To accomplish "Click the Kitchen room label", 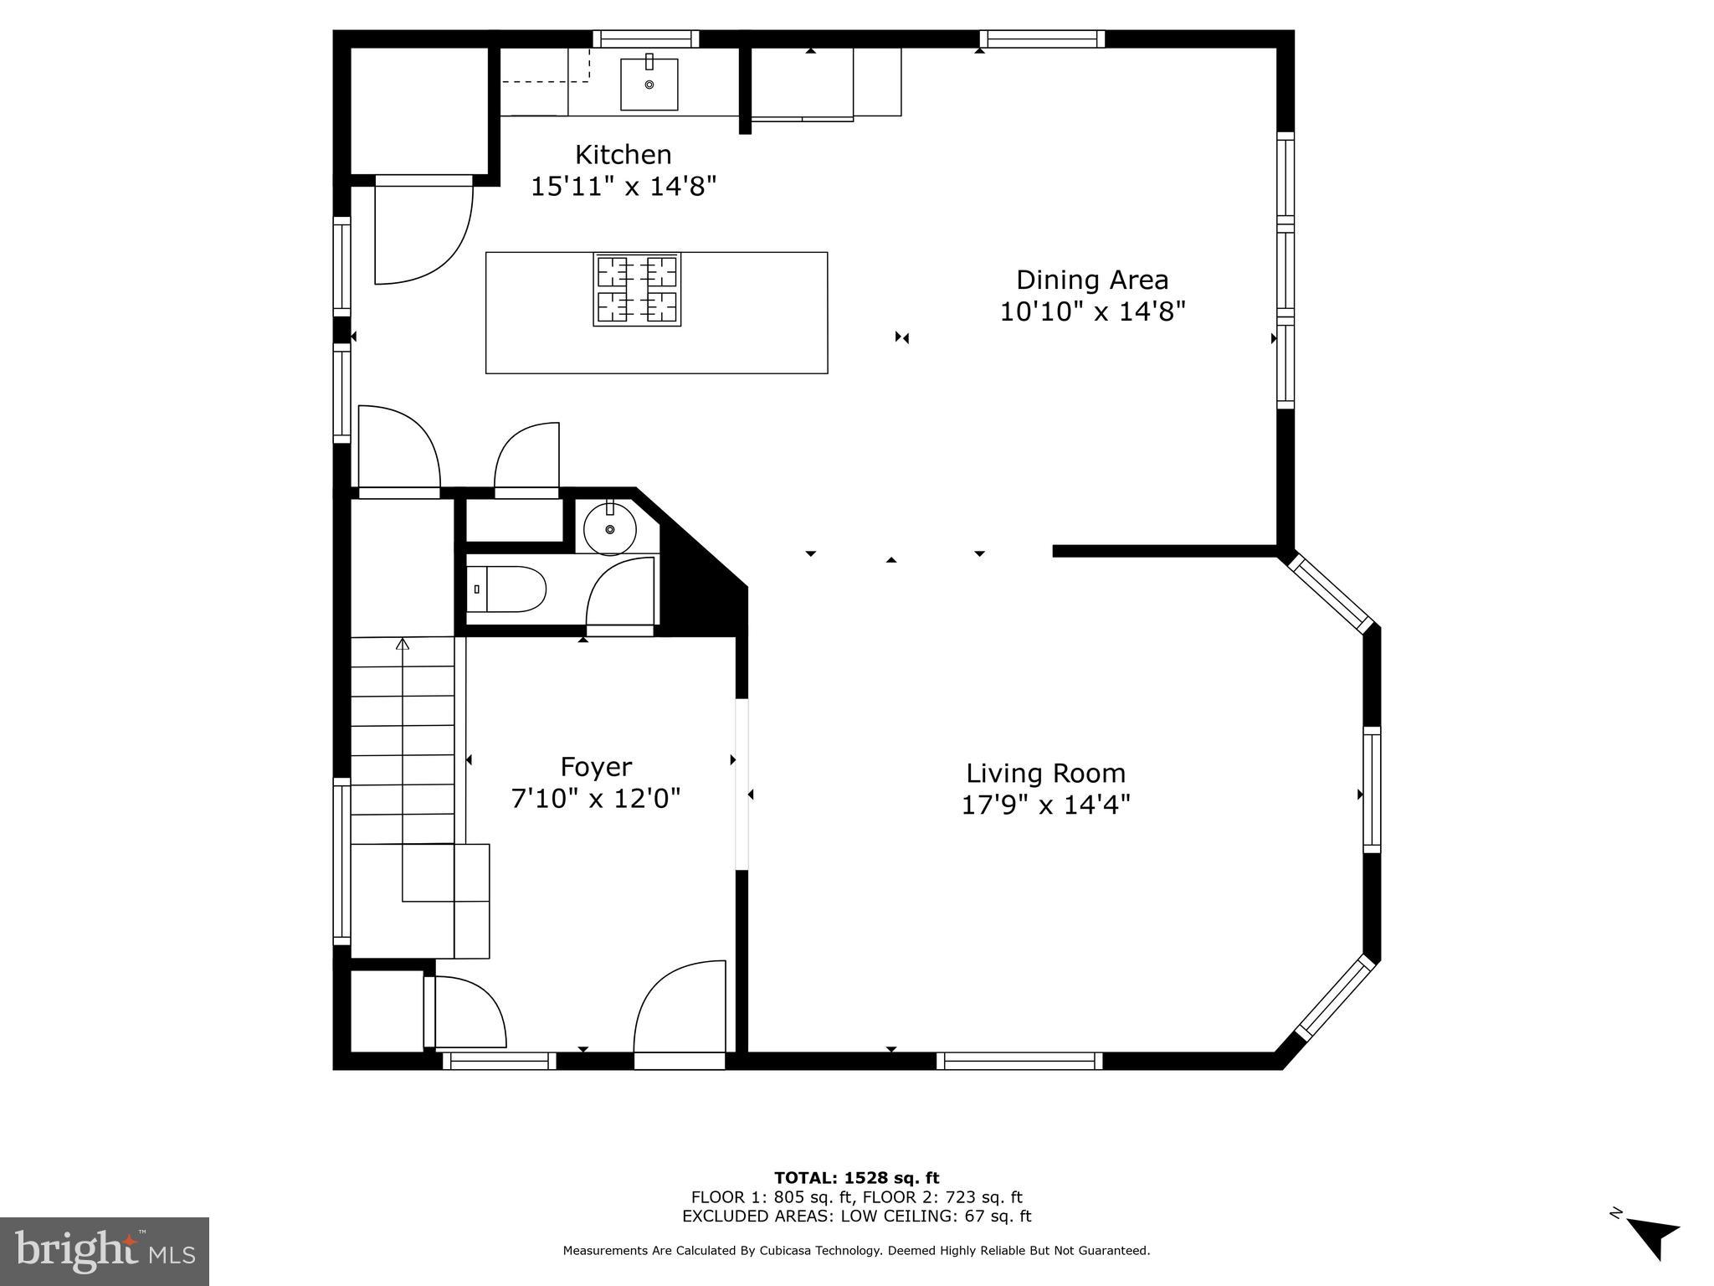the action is pyautogui.click(x=623, y=155).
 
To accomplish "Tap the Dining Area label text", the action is pyautogui.click(x=1092, y=280).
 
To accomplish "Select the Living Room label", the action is pyautogui.click(x=1045, y=774).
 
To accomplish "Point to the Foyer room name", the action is pyautogui.click(x=596, y=768).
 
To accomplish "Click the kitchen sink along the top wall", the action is pyautogui.click(x=649, y=84).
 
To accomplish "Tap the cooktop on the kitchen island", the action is pyautogui.click(x=638, y=289).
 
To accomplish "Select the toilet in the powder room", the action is pyautogui.click(x=505, y=589).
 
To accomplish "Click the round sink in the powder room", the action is pyautogui.click(x=610, y=528).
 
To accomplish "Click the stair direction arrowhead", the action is pyautogui.click(x=403, y=643).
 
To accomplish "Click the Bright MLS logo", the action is pyautogui.click(x=105, y=1251).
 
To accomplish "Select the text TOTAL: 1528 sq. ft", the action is pyautogui.click(x=856, y=1178).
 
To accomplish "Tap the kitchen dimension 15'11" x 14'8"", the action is pyautogui.click(x=624, y=186).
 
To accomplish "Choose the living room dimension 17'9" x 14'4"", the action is pyautogui.click(x=1045, y=805).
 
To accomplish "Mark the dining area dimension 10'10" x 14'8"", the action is pyautogui.click(x=1093, y=311).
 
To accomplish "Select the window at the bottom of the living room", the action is pyautogui.click(x=1019, y=1061).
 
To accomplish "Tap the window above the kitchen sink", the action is pyautogui.click(x=646, y=39).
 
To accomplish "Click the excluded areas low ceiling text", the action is pyautogui.click(x=856, y=1217).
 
